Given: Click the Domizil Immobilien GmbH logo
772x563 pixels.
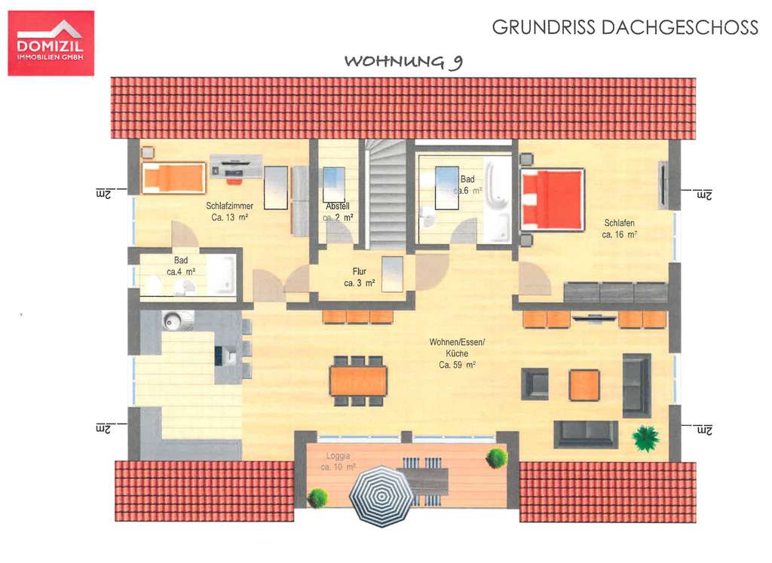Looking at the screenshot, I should (51, 43).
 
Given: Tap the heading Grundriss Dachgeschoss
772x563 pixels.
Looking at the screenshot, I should (624, 28).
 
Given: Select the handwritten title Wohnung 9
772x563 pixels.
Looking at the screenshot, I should (403, 61).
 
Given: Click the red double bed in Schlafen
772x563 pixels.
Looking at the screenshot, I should (553, 199).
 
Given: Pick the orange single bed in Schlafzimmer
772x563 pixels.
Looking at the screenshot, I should (173, 178).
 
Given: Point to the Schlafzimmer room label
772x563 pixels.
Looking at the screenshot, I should (230, 211).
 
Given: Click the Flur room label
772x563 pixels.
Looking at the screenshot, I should (359, 277).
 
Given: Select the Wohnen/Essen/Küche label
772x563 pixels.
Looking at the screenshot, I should (457, 353).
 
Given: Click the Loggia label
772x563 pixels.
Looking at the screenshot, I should (339, 462).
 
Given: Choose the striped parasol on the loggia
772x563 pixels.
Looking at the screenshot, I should (382, 495).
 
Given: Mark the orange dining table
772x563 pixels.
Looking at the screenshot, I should (358, 381).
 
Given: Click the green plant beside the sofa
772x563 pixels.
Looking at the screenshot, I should (645, 436).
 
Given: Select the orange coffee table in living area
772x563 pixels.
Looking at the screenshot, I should (584, 384).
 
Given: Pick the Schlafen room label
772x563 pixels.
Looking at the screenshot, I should (619, 228).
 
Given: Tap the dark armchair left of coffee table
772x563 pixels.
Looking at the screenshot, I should (536, 384).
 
